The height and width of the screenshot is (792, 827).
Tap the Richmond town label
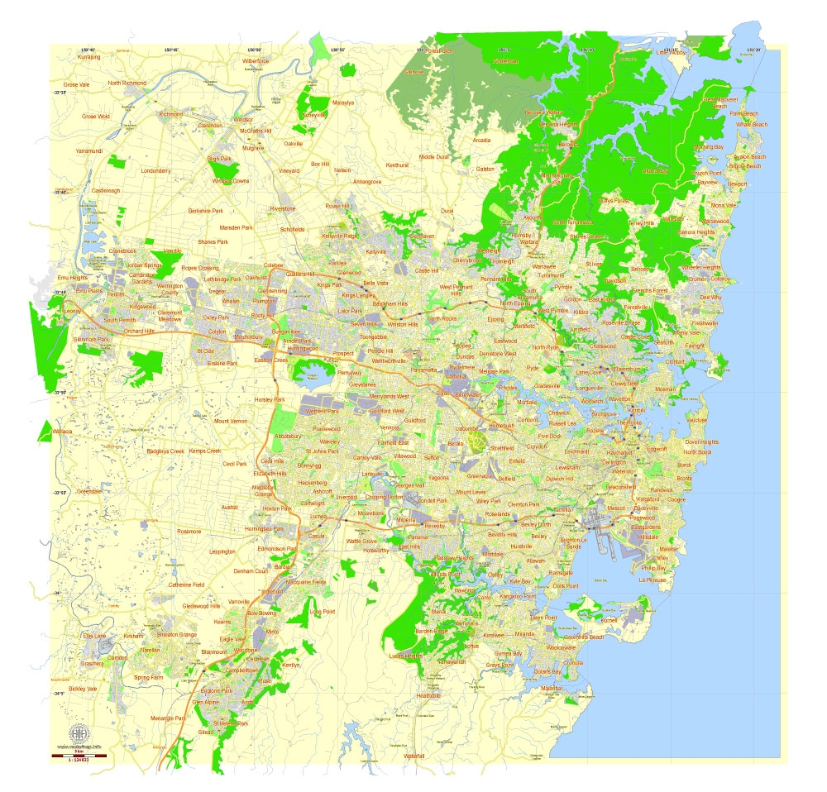tap(170, 114)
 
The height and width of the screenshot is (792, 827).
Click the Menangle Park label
tap(169, 718)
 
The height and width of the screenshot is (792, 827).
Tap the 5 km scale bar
tap(79, 755)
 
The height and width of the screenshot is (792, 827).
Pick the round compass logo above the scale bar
tap(79, 733)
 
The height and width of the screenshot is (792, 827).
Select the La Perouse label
tap(652, 580)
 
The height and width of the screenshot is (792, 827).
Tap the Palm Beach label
tap(744, 113)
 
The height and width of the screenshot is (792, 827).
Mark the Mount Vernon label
tap(231, 422)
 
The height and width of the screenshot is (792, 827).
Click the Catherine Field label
tap(187, 584)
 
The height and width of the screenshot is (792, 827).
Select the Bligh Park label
tap(219, 158)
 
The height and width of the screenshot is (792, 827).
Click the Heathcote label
tap(428, 696)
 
